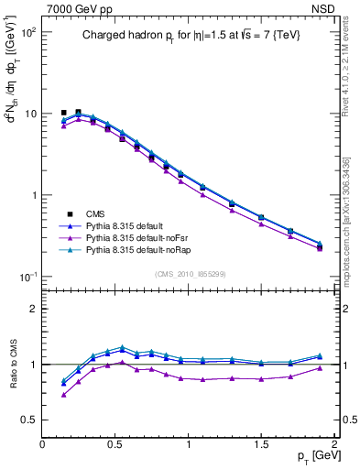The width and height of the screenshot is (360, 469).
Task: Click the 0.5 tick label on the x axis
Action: [116, 443]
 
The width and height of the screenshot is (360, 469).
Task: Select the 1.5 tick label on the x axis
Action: [262, 443]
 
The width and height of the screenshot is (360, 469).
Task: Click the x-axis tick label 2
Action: [335, 443]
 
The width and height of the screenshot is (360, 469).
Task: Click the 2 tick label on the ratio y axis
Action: [34, 309]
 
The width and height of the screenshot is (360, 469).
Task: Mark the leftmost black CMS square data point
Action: [64, 113]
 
